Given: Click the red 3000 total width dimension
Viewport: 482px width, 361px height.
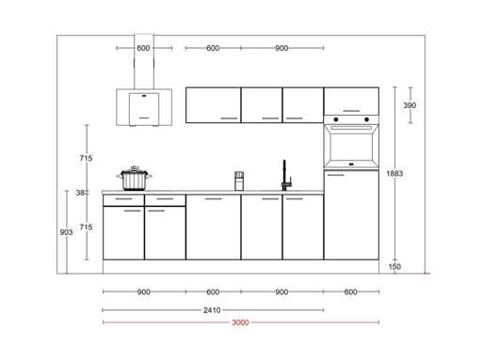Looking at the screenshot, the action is tap(240, 322).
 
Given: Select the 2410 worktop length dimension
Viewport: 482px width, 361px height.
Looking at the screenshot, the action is tap(212, 310).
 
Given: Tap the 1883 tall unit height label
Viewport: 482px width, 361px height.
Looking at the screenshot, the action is tap(394, 173).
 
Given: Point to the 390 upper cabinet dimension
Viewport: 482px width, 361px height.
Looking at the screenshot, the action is tap(410, 105).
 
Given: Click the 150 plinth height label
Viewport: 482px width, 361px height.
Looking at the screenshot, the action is tap(394, 267).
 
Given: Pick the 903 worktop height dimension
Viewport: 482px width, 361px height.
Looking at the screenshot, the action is tap(66, 232).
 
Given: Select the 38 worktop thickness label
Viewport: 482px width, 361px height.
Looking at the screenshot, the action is tap(80, 193).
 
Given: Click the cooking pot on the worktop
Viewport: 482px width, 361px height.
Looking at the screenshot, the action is tap(134, 178).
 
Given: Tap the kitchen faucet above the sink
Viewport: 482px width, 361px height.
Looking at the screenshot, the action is tap(286, 175).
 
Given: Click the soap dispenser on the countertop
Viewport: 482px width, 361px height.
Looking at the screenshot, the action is tap(239, 180).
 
